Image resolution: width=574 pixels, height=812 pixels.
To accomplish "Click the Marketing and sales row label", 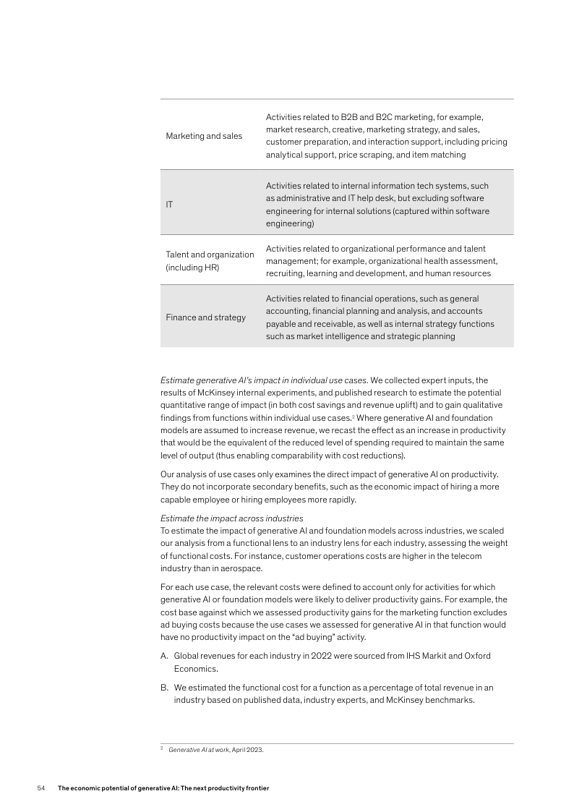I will (204, 136).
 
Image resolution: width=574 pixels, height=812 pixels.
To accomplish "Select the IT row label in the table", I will (169, 205).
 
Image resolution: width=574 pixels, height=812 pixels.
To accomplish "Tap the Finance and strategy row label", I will (205, 317).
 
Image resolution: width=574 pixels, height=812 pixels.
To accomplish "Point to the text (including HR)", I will (192, 268).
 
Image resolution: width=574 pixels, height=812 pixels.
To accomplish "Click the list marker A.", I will (164, 656).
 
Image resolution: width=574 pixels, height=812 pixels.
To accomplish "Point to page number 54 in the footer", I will (41, 787).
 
